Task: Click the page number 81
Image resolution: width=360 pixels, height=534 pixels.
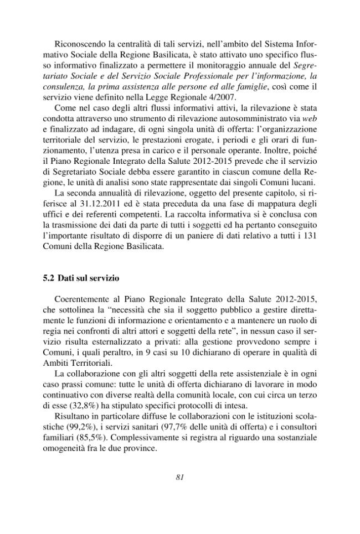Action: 179,477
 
